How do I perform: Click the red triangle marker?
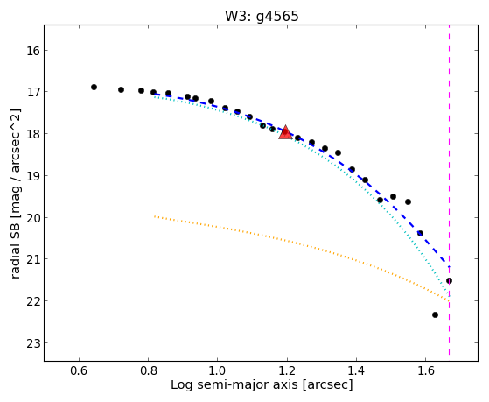pyautogui.click(x=285, y=132)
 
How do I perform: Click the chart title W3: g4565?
pyautogui.click(x=262, y=16)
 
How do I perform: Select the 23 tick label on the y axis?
pyautogui.click(x=32, y=343)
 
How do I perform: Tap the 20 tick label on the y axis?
pyautogui.click(x=32, y=218)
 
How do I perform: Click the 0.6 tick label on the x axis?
pyautogui.click(x=80, y=370)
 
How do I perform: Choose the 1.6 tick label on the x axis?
pyautogui.click(x=426, y=370)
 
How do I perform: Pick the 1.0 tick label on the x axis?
pyautogui.click(x=218, y=370)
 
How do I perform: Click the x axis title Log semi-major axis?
pyautogui.click(x=234, y=384)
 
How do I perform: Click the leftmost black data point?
pyautogui.click(x=94, y=88)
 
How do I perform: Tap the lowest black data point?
pyautogui.click(x=435, y=314)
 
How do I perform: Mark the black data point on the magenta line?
pyautogui.click(x=449, y=281)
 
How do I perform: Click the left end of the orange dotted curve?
pyautogui.click(x=154, y=216)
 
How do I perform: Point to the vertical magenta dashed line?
pyautogui.click(x=449, y=190)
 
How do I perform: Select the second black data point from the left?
pyautogui.click(x=121, y=90)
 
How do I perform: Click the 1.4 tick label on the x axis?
pyautogui.click(x=356, y=370)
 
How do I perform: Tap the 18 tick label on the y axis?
pyautogui.click(x=32, y=134)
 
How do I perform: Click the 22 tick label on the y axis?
pyautogui.click(x=32, y=301)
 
